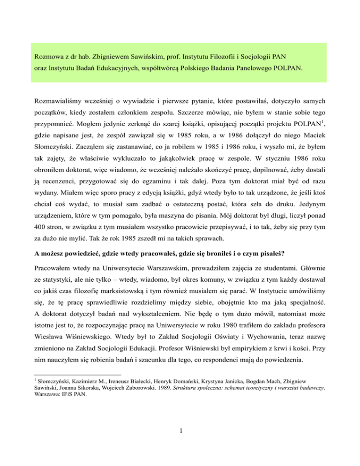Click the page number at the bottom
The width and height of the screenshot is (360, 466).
tap(180, 454)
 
